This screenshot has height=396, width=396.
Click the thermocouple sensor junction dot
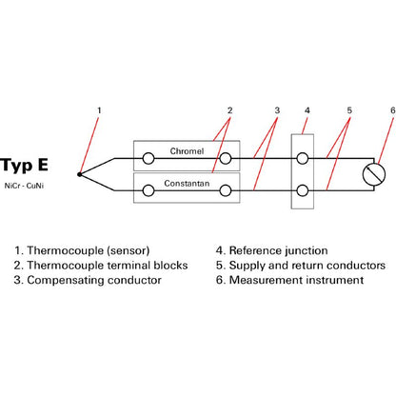[x=79, y=174]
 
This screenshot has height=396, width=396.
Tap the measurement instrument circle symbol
[x=374, y=174]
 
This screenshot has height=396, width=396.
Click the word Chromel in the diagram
[x=187, y=151]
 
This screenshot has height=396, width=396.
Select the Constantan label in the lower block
[x=187, y=184]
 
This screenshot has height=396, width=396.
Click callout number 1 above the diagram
[x=99, y=110]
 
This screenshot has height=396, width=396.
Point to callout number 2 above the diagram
[x=229, y=110]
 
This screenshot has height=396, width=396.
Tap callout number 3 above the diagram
[x=277, y=110]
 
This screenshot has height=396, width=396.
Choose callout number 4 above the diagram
[x=307, y=110]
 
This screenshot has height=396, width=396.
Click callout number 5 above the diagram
[x=349, y=110]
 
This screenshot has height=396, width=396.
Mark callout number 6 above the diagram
[x=393, y=110]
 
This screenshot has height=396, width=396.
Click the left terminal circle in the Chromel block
[x=148, y=158]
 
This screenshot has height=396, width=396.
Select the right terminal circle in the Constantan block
[x=226, y=190]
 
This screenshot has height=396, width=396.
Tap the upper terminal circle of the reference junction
[x=303, y=158]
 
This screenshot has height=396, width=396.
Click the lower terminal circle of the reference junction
[x=303, y=190]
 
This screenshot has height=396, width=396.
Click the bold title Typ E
[x=24, y=166]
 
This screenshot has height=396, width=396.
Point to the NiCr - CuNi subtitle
[x=24, y=186]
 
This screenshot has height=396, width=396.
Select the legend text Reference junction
[x=278, y=250]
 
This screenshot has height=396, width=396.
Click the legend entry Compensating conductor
[x=94, y=280]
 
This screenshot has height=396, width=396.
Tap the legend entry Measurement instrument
[x=296, y=280]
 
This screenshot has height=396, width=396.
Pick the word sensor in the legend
[x=129, y=250]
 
